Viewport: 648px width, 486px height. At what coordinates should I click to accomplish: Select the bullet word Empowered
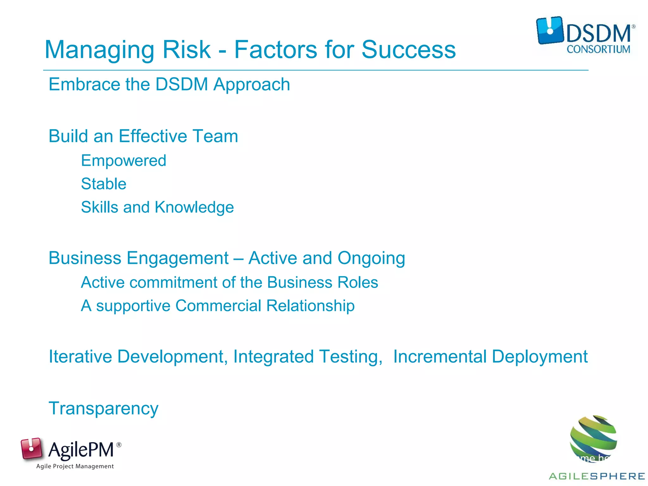tap(123, 161)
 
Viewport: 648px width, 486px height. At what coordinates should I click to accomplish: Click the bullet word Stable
tap(103, 184)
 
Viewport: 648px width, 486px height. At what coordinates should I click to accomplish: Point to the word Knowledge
tap(194, 208)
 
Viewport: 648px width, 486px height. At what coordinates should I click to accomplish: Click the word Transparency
tap(103, 408)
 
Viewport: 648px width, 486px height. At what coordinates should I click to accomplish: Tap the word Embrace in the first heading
tap(84, 84)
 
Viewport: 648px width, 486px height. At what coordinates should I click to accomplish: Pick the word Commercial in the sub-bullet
tap(218, 306)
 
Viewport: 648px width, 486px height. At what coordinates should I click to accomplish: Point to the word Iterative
tap(80, 357)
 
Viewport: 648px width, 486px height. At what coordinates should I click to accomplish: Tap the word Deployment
tap(539, 357)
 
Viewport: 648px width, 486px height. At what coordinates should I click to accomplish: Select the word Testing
tap(351, 357)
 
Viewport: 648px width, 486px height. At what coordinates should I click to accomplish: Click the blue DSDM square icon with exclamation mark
tap(550, 30)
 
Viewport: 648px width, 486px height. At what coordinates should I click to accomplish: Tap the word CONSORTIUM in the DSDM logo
tap(598, 49)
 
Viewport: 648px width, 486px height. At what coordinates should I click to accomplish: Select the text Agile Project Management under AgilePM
tap(75, 466)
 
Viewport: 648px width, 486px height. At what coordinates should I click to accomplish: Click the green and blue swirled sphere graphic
tap(593, 438)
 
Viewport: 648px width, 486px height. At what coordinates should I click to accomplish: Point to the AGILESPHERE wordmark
tap(597, 476)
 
